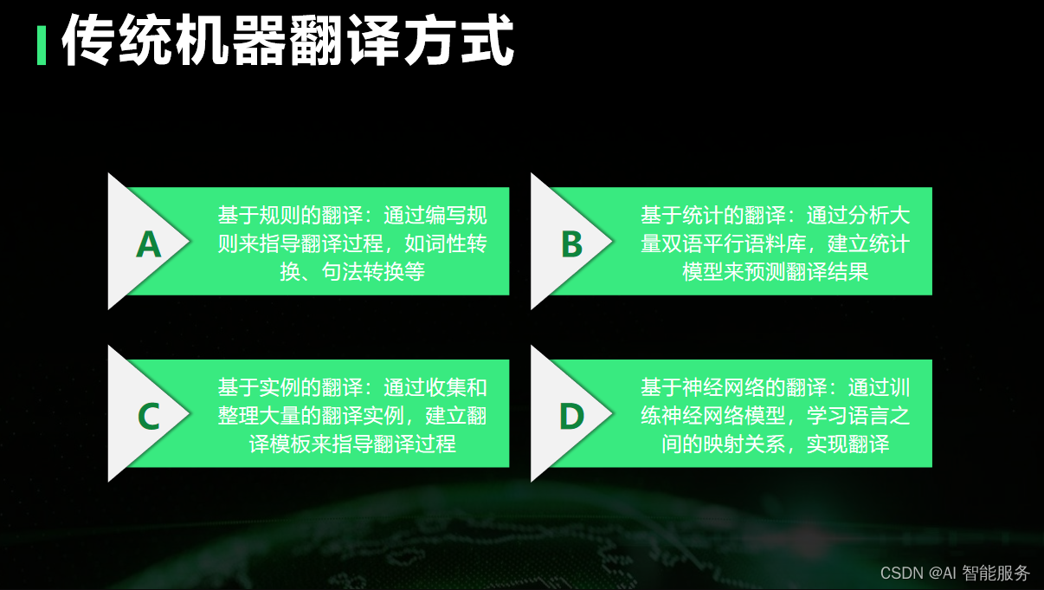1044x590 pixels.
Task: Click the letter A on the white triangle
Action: click(x=149, y=245)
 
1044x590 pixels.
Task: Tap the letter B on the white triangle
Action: click(x=571, y=245)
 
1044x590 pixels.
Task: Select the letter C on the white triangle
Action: click(x=149, y=417)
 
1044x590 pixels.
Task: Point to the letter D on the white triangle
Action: click(x=571, y=417)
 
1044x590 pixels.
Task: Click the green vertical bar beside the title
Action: click(x=41, y=45)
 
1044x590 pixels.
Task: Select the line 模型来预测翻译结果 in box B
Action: click(x=775, y=272)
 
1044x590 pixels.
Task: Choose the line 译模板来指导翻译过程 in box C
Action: click(x=352, y=444)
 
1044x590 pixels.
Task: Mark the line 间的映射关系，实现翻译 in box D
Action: click(x=775, y=444)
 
